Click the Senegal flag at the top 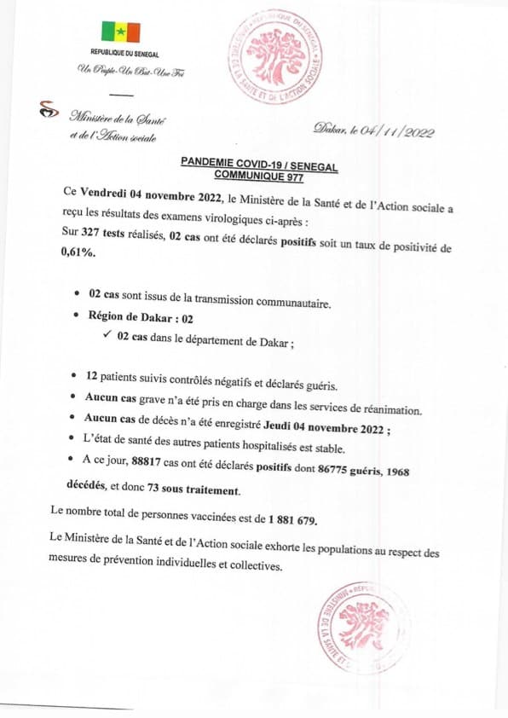tap(120, 32)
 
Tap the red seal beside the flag tap(275, 58)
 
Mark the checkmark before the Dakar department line tap(107, 335)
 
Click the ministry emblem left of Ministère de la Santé tap(50, 111)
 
